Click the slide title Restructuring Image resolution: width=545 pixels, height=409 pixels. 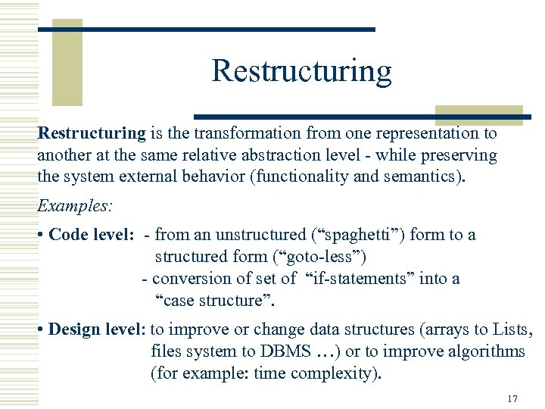point(301,70)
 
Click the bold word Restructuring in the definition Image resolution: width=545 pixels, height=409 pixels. point(92,134)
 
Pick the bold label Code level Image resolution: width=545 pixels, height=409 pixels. point(90,235)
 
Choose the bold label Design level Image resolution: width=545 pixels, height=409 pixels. point(97,329)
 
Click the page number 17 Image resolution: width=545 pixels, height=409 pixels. point(512,398)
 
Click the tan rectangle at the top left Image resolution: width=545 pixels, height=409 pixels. point(67,61)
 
